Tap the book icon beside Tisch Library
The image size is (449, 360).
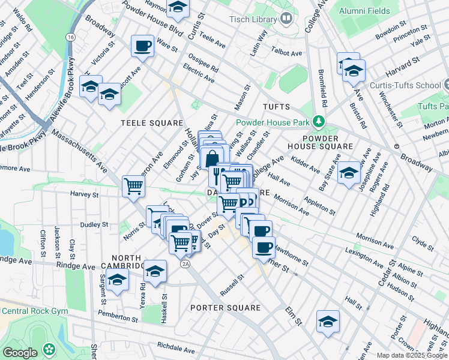point(286,19)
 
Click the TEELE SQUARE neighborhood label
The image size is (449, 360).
point(152,123)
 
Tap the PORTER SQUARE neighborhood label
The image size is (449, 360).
point(225,308)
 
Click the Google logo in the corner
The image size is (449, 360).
point(20,353)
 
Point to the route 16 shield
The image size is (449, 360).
point(71,37)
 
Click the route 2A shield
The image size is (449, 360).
point(185,263)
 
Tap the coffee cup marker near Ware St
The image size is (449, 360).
point(143,46)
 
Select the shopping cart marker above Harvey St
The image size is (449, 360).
point(133,185)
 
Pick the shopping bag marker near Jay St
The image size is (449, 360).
point(211,159)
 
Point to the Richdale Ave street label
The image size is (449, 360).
point(176,349)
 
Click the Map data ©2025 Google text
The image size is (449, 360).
point(412,355)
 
